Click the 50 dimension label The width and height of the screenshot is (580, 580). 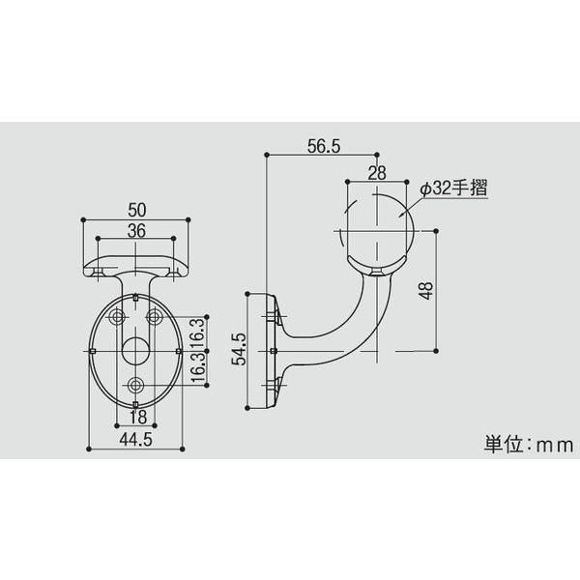tap(135, 208)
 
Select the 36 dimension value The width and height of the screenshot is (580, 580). tap(135, 230)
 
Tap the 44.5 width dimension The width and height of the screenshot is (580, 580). tap(135, 438)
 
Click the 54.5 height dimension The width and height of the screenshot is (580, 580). tap(240, 348)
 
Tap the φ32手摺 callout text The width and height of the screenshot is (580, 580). tap(453, 189)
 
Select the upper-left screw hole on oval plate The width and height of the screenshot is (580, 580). tap(118, 317)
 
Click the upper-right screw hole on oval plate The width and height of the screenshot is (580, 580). tap(154, 317)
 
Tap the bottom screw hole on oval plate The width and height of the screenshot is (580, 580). tap(135, 386)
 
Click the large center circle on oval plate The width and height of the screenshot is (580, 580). tap(135, 350)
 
